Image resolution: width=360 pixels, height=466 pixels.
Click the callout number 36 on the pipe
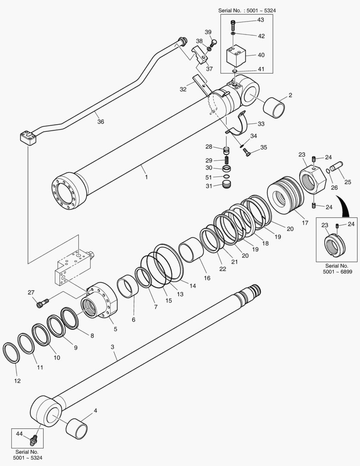pos(100,122)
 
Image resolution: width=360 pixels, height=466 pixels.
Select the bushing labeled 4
pos(77,428)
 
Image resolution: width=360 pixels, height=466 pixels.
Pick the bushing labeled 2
pos(275,107)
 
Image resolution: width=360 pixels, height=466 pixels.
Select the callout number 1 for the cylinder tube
pos(146,177)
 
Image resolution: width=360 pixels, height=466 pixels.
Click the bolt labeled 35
pos(248,151)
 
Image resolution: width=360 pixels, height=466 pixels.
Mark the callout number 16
pos(207,278)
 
